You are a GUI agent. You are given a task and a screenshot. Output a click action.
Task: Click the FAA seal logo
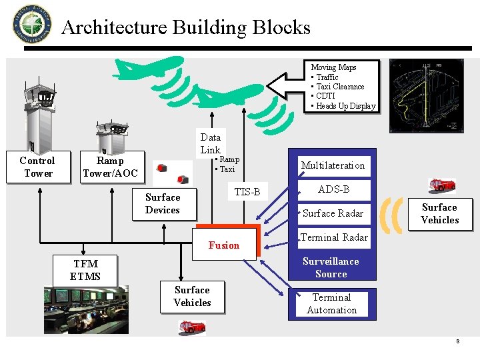(x=31, y=23)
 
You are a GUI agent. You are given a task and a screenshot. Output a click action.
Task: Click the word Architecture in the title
(x=114, y=27)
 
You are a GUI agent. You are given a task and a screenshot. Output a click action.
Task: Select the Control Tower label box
(x=37, y=167)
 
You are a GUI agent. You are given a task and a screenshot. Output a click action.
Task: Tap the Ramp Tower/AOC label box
(x=110, y=167)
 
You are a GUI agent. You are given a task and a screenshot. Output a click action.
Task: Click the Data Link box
(x=211, y=143)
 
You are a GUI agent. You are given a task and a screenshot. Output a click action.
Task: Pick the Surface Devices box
(x=163, y=204)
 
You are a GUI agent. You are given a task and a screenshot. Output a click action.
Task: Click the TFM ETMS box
(x=85, y=270)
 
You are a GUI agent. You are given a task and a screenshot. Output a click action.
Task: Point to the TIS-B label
(x=247, y=192)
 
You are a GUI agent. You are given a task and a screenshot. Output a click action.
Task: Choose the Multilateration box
(x=333, y=165)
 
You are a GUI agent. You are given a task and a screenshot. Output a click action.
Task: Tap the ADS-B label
(x=333, y=189)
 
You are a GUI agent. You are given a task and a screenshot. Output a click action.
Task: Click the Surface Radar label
(x=333, y=213)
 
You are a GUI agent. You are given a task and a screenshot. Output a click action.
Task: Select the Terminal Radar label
(x=333, y=237)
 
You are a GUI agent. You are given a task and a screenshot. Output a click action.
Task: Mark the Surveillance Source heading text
(x=331, y=267)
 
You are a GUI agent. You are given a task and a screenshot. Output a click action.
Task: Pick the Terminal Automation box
(x=331, y=304)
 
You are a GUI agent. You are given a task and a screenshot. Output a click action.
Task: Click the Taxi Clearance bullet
(x=340, y=87)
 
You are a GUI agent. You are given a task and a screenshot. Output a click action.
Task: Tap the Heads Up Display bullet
(x=345, y=106)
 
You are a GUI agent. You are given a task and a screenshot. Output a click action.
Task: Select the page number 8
(x=457, y=341)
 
